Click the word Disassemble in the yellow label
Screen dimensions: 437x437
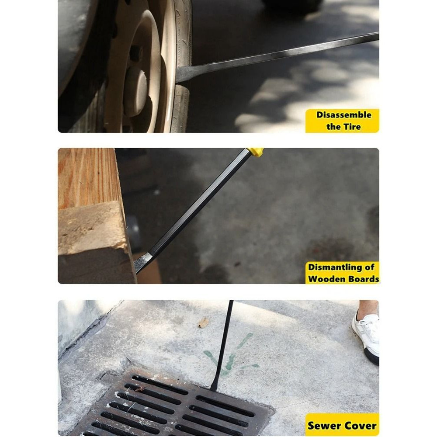click(344, 115)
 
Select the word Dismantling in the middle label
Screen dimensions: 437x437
click(335, 267)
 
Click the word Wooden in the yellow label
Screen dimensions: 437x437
click(325, 279)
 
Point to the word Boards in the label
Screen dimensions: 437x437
click(361, 279)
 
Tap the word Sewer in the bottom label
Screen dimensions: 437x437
click(324, 426)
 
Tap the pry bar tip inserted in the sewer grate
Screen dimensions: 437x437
click(214, 387)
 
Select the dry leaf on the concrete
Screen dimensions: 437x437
click(204, 323)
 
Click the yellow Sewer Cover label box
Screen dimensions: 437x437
click(342, 425)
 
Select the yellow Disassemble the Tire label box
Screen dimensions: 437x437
click(342, 121)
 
